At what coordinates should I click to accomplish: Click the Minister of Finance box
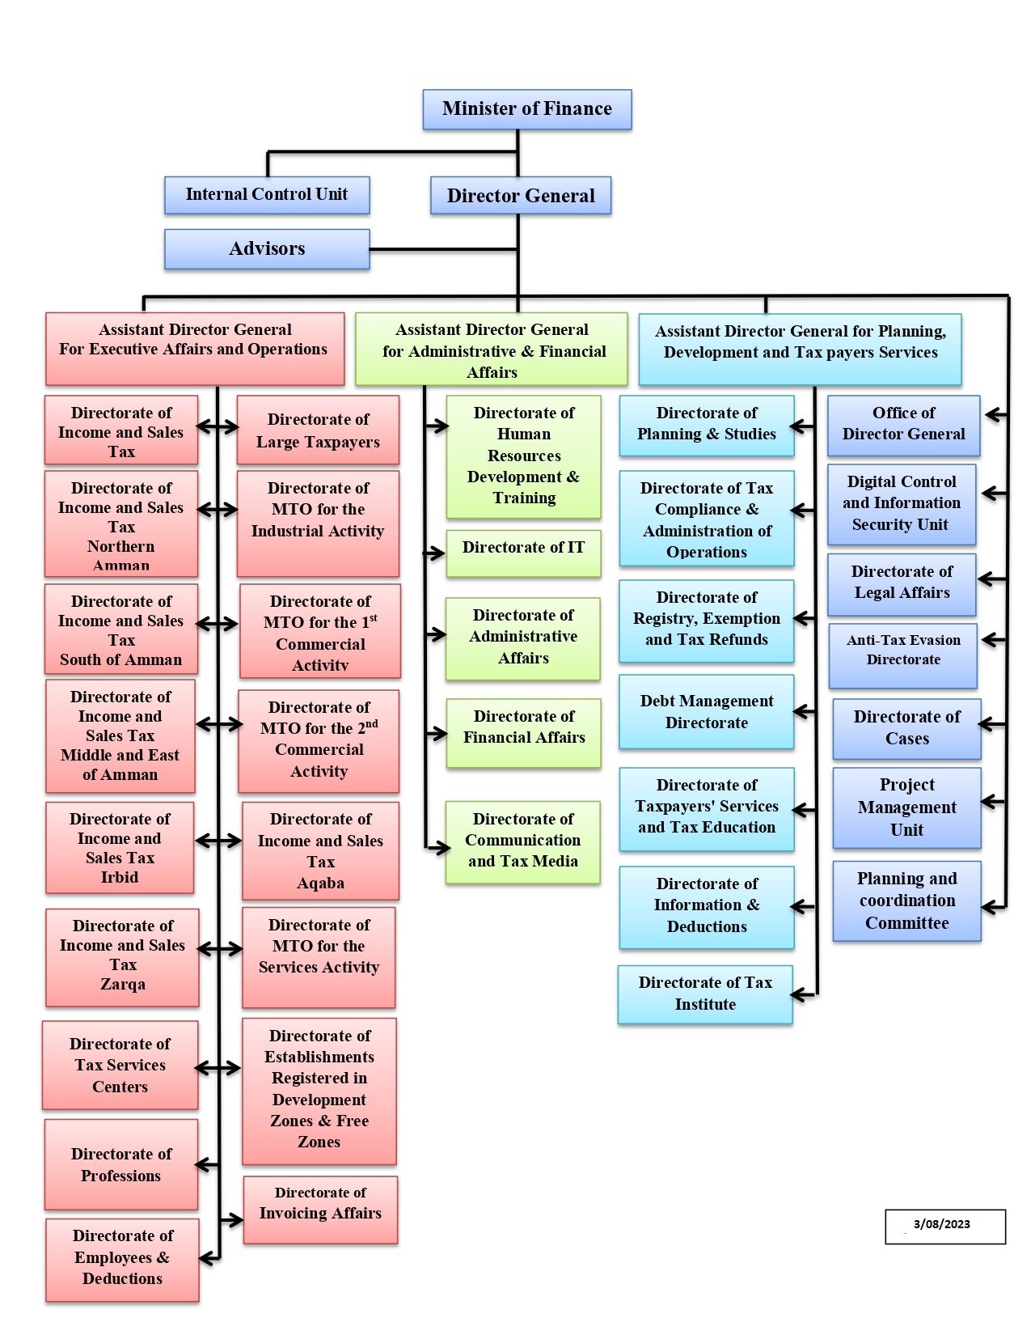tap(526, 109)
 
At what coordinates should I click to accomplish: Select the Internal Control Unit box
tap(267, 195)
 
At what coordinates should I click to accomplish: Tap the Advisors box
tap(267, 248)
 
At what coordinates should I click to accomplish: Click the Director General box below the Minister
tap(520, 196)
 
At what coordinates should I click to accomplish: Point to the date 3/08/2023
tap(941, 1224)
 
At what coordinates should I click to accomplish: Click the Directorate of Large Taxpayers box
tap(318, 430)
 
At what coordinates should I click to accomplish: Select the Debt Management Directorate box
tap(706, 712)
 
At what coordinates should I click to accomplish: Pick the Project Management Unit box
tap(906, 807)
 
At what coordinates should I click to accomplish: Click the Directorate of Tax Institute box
tap(705, 994)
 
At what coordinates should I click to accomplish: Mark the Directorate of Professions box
tap(121, 1164)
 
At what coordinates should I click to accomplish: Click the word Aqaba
tap(320, 884)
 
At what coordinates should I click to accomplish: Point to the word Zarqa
tap(123, 985)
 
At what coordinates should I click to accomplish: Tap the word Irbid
tap(120, 878)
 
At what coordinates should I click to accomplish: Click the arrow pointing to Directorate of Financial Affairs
tap(436, 734)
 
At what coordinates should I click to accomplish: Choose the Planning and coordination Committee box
tap(906, 901)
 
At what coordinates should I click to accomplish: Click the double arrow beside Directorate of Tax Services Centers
tap(218, 1069)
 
